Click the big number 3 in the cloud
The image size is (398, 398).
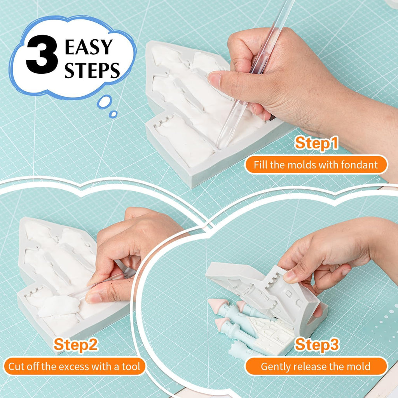[42, 54]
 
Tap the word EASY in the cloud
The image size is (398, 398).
[89, 47]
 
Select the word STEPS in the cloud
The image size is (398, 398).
[92, 70]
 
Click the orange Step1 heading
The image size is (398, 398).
[316, 143]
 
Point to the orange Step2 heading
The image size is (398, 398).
[76, 344]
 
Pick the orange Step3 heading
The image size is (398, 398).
[317, 344]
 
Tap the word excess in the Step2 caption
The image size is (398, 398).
[72, 367]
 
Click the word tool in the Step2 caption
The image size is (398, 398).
[131, 367]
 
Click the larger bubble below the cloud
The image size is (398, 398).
[104, 102]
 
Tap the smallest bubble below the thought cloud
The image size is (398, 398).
[113, 114]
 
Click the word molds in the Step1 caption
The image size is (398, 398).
[301, 165]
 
